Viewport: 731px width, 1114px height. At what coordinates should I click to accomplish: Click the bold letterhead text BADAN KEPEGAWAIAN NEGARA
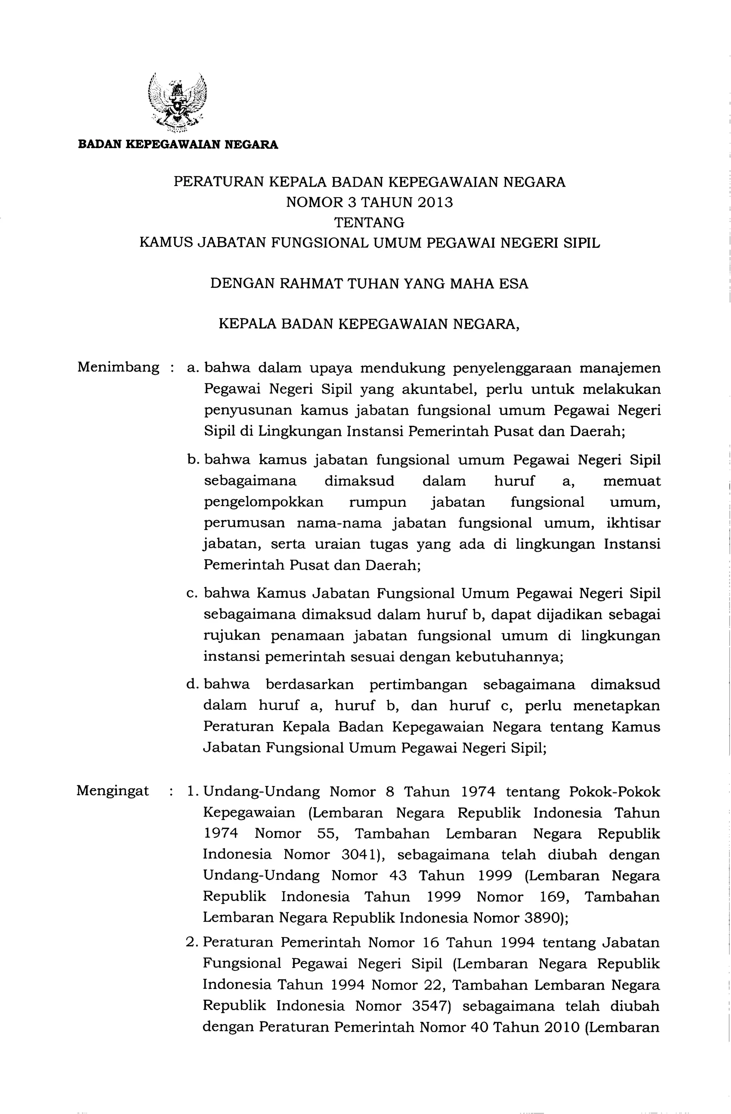pyautogui.click(x=178, y=144)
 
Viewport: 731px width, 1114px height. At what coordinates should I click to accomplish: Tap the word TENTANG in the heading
pyautogui.click(x=370, y=222)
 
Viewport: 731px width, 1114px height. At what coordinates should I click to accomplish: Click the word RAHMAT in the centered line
pyautogui.click(x=308, y=284)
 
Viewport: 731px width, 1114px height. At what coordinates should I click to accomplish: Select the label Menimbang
pyautogui.click(x=119, y=367)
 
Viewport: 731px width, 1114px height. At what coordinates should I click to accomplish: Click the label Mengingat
pyautogui.click(x=113, y=791)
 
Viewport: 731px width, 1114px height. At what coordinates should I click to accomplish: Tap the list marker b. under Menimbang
pyautogui.click(x=192, y=460)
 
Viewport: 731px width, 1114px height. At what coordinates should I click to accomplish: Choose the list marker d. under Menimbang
pyautogui.click(x=192, y=684)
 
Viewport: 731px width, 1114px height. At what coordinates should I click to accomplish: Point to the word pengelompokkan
pyautogui.click(x=263, y=502)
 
